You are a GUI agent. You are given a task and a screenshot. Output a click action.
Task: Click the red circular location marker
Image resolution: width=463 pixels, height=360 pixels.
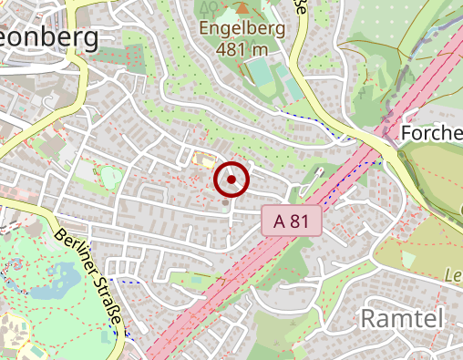(x=231, y=180)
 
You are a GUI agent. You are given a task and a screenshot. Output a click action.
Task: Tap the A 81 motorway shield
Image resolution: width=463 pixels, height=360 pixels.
(x=292, y=220)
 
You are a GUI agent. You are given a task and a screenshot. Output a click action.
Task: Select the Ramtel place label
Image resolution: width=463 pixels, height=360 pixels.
(x=402, y=318)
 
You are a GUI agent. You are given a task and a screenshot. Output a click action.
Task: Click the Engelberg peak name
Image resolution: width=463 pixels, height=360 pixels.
(x=243, y=28)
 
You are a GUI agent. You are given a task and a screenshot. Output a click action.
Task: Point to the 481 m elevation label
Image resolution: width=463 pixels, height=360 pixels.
(x=243, y=48)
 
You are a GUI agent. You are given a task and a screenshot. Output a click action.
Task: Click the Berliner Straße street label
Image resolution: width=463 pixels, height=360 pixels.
(x=88, y=281)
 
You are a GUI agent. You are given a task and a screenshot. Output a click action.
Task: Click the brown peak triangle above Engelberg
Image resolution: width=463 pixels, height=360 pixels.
(x=242, y=8)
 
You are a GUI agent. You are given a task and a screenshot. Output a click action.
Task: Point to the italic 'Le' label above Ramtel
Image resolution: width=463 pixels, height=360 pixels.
(x=453, y=275)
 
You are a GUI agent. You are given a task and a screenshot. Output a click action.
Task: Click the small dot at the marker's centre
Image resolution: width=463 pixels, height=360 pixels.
(x=231, y=180)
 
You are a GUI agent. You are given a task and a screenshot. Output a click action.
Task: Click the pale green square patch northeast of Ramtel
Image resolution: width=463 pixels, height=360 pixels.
(x=407, y=260)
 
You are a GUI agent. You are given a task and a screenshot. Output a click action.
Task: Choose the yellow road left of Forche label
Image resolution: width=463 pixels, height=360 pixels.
(x=374, y=137)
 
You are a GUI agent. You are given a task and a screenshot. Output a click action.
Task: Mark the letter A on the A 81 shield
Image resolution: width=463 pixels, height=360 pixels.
(x=278, y=220)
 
